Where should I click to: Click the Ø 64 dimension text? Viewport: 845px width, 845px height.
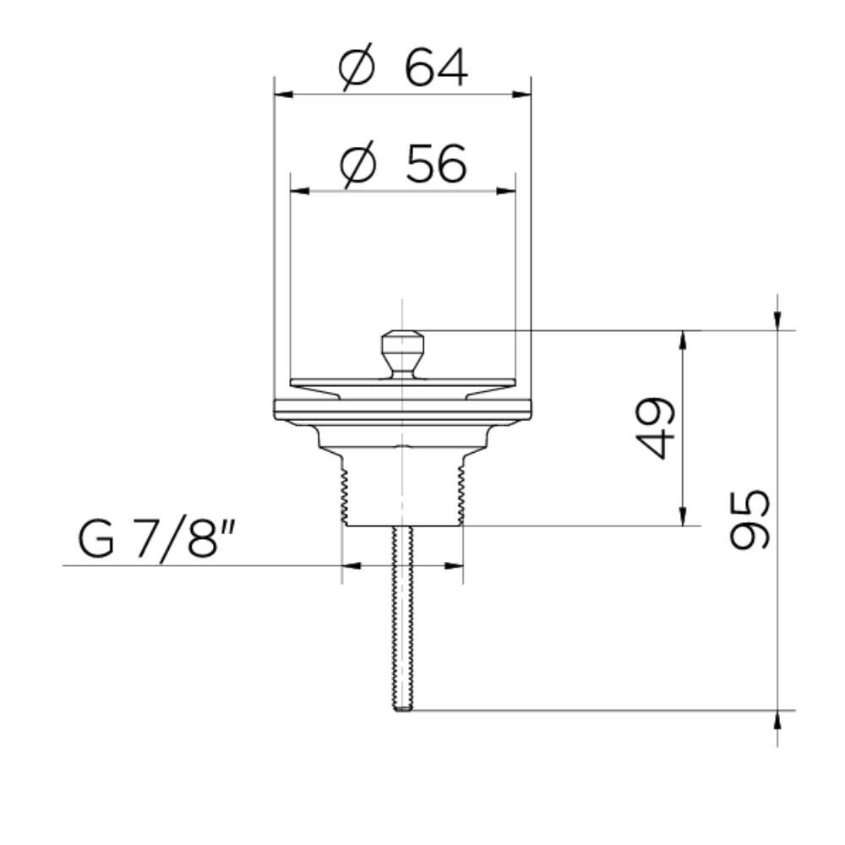click(403, 68)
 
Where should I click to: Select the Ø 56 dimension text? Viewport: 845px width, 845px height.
click(403, 164)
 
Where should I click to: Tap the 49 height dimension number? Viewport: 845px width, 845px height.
click(655, 428)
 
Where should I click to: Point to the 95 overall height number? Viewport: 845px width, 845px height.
click(749, 520)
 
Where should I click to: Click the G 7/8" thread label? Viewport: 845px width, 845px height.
click(157, 537)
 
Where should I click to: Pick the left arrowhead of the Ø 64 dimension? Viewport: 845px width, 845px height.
click(283, 95)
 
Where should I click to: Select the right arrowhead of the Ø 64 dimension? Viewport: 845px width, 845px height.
click(521, 95)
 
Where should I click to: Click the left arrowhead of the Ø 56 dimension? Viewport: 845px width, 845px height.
click(300, 191)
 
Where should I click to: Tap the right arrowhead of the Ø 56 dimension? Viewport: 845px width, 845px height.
click(506, 191)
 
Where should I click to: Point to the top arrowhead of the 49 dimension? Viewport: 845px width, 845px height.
click(683, 340)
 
